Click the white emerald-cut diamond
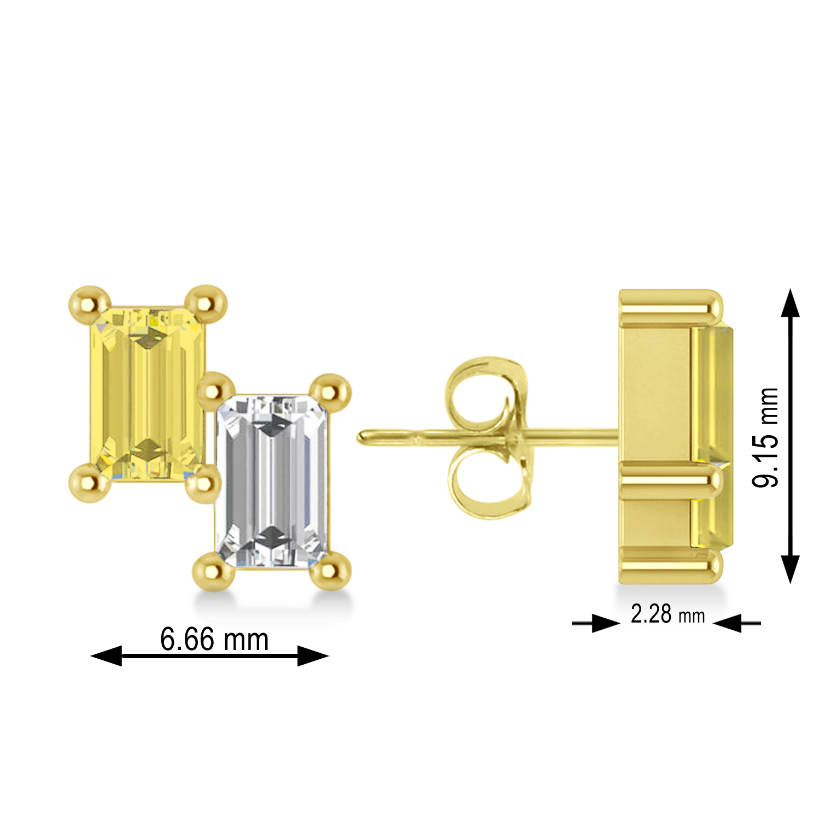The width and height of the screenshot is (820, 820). [272, 481]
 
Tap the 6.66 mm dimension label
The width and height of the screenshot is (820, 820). [214, 639]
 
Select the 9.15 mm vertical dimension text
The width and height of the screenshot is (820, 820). [765, 437]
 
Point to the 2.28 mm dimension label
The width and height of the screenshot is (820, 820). [667, 614]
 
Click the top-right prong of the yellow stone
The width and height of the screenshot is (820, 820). [207, 302]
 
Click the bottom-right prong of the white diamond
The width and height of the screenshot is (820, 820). [330, 571]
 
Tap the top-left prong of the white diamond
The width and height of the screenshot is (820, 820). [216, 389]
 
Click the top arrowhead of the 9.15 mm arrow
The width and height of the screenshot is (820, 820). [790, 303]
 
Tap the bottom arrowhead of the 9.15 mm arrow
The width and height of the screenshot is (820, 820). [790, 569]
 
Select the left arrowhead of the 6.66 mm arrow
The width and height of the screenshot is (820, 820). [107, 655]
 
